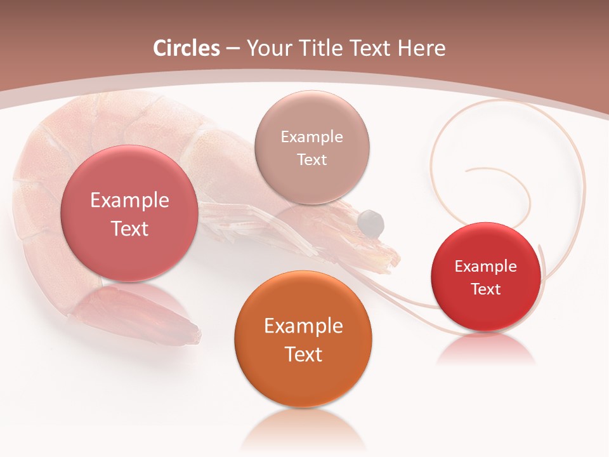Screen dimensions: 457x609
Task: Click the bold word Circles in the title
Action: [187, 48]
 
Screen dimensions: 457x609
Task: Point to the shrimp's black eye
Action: [370, 222]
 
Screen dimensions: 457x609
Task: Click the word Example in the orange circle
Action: [303, 326]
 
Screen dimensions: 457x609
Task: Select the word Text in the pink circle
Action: [129, 228]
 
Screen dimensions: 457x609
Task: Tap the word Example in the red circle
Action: [486, 267]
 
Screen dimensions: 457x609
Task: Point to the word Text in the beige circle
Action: [311, 159]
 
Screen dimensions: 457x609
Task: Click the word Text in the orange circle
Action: [303, 354]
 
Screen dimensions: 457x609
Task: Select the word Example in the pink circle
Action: [129, 201]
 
